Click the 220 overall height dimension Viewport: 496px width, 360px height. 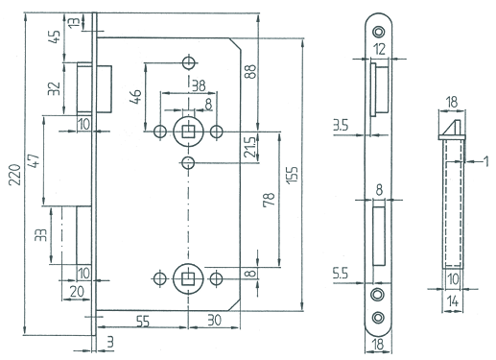[14, 175]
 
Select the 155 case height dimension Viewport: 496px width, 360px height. [292, 175]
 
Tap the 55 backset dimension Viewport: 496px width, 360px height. [143, 321]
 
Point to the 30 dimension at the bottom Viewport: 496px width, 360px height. [214, 320]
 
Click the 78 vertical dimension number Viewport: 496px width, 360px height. [269, 200]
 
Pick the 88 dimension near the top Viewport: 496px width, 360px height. [250, 72]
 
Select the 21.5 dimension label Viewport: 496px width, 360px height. [249, 147]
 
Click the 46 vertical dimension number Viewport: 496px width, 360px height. [135, 97]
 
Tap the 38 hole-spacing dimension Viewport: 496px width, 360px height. [199, 85]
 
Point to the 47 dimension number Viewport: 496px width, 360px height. [34, 161]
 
